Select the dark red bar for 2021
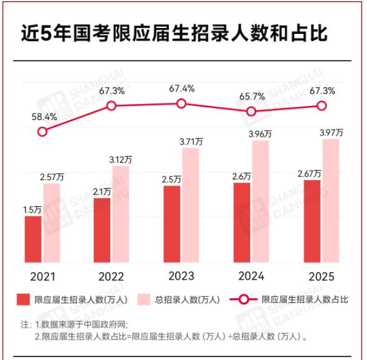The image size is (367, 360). [x=33, y=239]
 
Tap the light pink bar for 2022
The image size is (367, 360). [x=121, y=214]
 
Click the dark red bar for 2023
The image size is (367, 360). [x=172, y=224]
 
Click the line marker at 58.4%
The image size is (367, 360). [x=42, y=132]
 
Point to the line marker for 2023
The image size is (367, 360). [x=181, y=104]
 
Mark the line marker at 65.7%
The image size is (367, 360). [x=251, y=111]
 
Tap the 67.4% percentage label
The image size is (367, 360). [x=182, y=88]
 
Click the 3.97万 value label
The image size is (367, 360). [x=331, y=132]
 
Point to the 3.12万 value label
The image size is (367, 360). [x=121, y=159]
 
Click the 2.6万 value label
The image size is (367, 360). [x=242, y=176]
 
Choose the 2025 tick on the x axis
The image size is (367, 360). [x=321, y=276]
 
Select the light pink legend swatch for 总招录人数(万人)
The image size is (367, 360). [x=145, y=299]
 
